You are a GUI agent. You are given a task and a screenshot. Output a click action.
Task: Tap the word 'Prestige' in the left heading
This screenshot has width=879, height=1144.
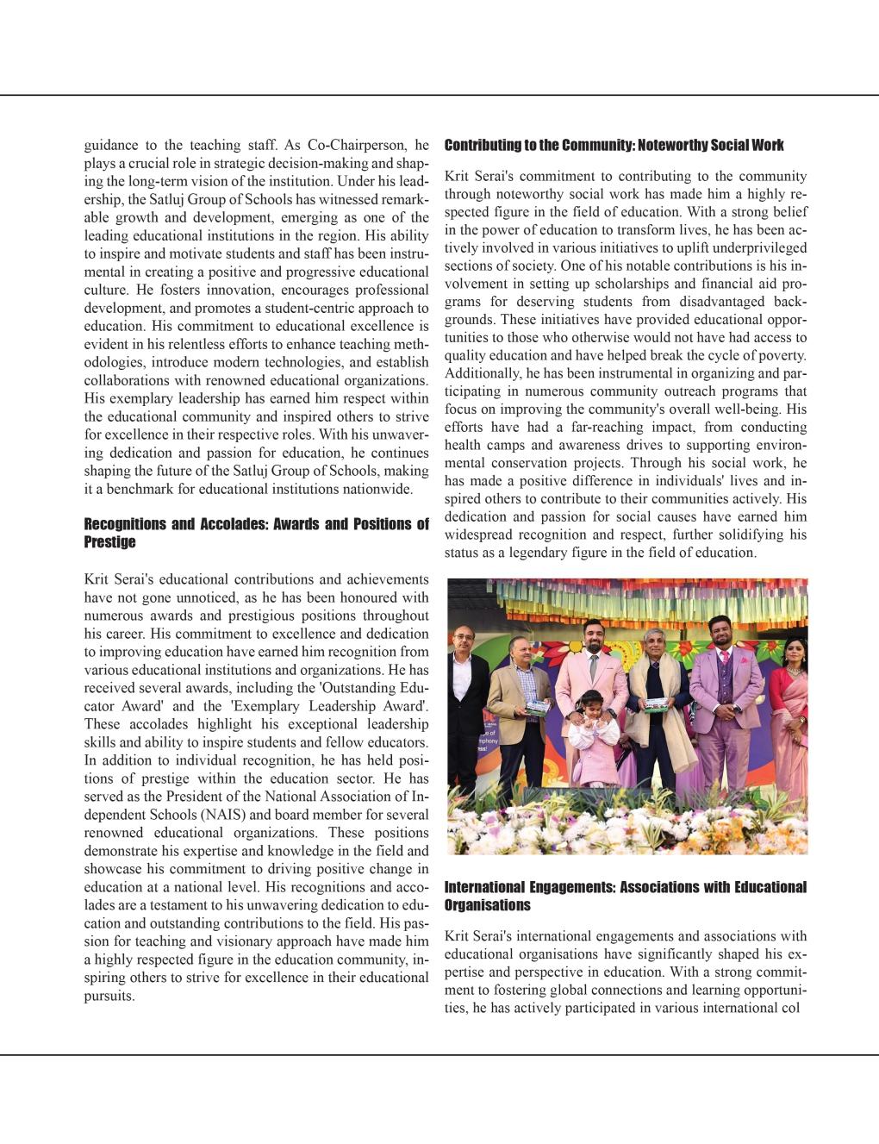[109, 542]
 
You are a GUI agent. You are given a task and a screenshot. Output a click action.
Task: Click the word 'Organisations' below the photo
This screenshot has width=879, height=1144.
[487, 905]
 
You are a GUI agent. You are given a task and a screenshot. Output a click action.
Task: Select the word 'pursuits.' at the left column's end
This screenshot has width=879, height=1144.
[109, 996]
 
